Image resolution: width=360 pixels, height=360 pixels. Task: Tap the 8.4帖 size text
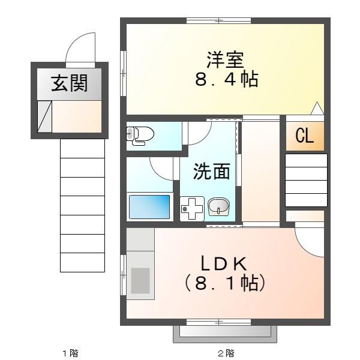[x=226, y=80]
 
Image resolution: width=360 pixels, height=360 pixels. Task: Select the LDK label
[x=224, y=263]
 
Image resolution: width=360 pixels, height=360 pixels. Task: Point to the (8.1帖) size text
[x=224, y=282]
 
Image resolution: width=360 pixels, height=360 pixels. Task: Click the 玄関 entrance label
[x=68, y=83]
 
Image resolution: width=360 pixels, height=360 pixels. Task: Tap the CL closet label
[x=304, y=137]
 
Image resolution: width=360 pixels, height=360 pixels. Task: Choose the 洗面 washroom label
[x=211, y=172]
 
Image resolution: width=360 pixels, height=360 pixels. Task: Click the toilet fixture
[x=138, y=135]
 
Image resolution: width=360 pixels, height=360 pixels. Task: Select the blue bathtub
[x=149, y=206]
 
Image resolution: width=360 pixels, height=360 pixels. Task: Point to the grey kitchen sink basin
[x=140, y=280]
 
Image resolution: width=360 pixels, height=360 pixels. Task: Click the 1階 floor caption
[x=71, y=353]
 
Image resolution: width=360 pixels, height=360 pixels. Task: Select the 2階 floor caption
[x=226, y=353]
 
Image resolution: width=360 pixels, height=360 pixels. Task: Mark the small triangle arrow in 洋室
[x=317, y=109]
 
